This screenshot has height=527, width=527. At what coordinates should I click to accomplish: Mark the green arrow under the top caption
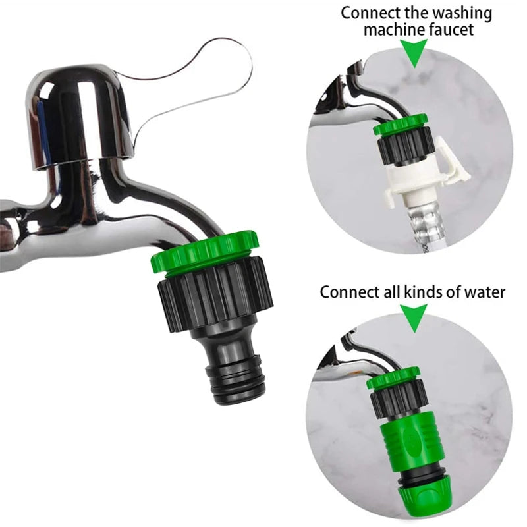coord(414,53)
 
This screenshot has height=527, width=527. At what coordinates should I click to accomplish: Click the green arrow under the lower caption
coord(414,318)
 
